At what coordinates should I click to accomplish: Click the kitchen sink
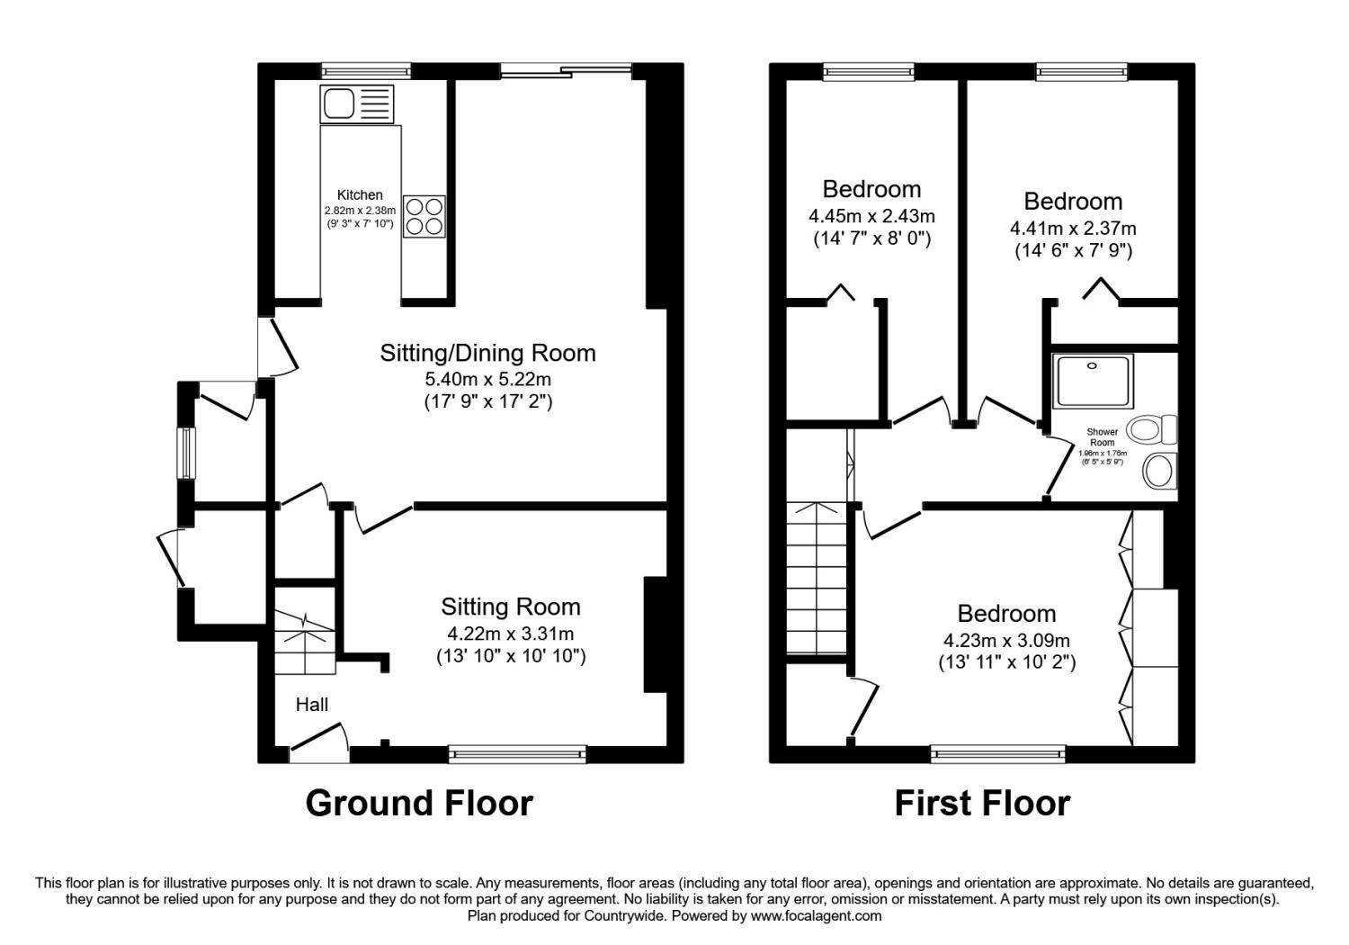357,104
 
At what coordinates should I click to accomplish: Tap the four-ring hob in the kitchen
424,216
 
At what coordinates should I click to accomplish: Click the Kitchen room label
360,194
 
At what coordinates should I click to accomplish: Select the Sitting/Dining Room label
487,353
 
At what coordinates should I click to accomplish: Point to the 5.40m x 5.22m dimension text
487,379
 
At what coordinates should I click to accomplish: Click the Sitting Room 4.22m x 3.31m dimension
510,634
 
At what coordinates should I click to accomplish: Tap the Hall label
311,704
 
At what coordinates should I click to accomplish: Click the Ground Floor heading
419,803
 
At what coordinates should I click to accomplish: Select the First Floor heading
982,803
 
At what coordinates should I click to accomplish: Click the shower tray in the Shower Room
1093,381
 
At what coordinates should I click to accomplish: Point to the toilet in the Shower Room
1151,429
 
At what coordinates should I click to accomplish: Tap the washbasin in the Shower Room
1159,470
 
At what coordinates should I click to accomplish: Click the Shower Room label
1102,436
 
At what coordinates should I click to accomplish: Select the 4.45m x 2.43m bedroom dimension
871,215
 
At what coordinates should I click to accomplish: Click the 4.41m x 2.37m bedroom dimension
1073,229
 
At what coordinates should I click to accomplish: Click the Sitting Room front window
517,754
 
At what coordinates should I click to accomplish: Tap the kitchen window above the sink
365,71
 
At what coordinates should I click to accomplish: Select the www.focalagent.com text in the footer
816,916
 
